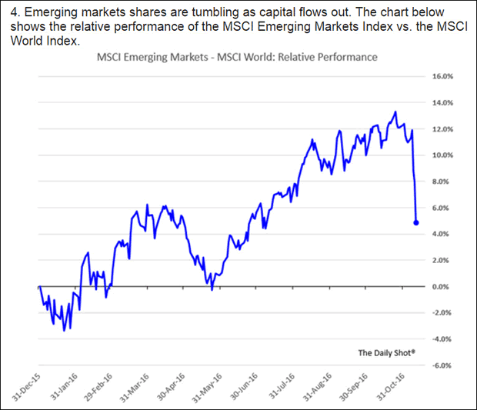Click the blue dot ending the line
coord(416,222)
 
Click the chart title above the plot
coord(236,58)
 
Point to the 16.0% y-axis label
coord(441,77)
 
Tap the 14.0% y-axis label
coord(441,103)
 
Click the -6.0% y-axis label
coord(441,365)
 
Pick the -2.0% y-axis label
coord(441,313)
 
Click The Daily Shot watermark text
coord(386,353)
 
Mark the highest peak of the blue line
coord(395,112)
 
